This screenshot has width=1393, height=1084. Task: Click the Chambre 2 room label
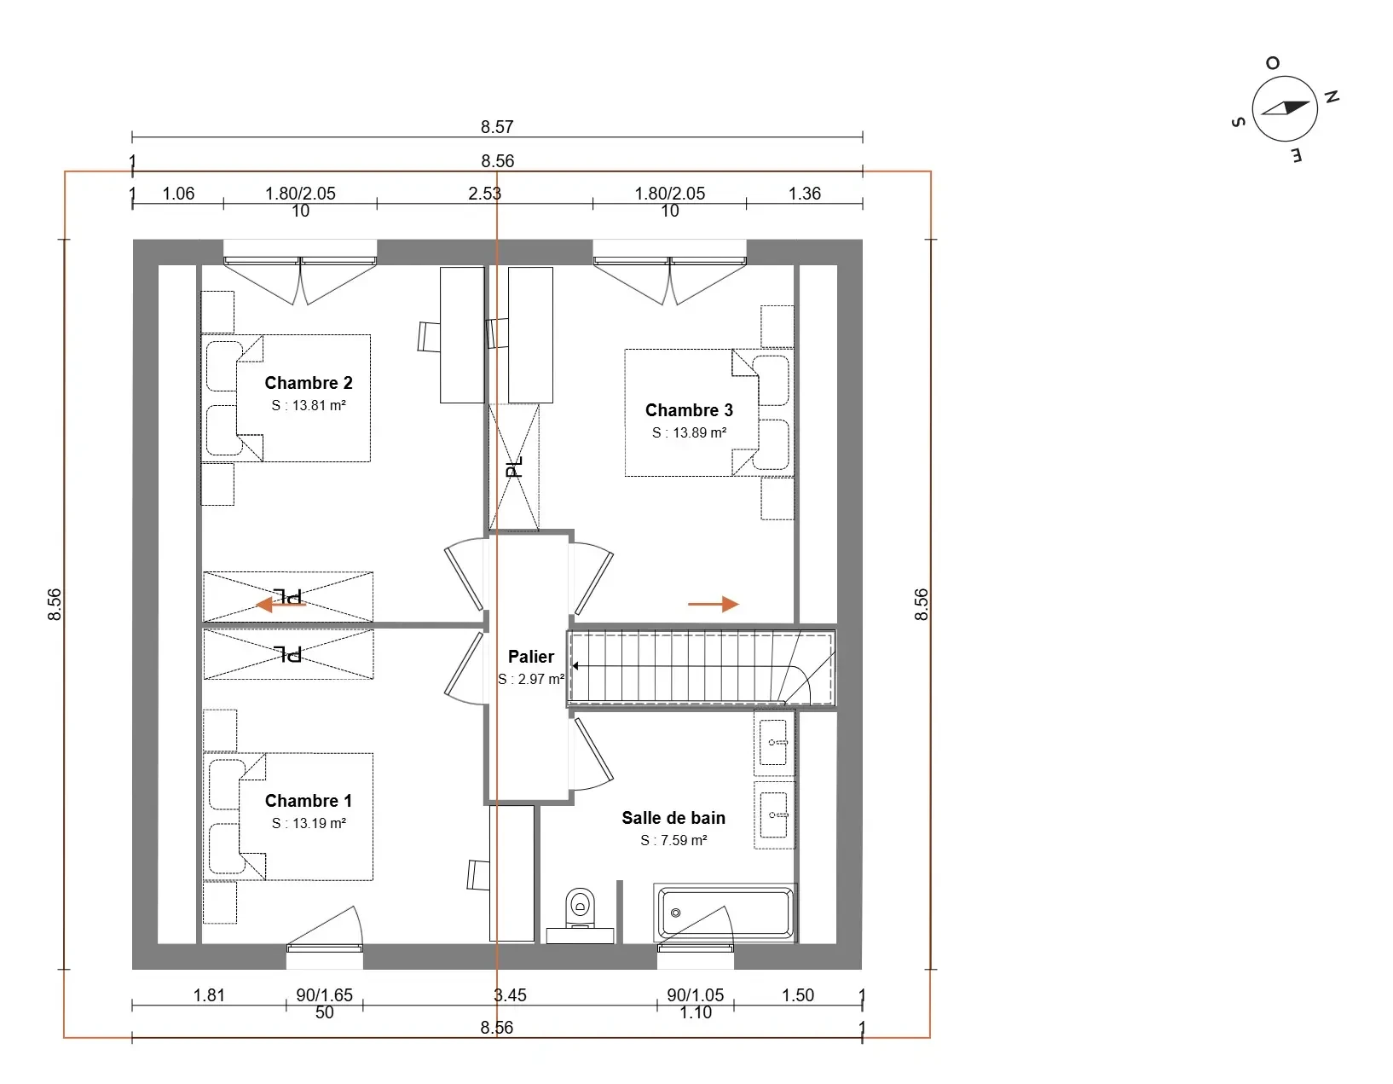[x=309, y=383]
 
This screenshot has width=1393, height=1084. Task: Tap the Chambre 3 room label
[x=689, y=409]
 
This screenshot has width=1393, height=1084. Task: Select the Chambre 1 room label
[x=309, y=801]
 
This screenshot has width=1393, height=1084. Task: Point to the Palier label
[x=531, y=657]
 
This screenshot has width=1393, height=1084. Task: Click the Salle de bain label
[x=673, y=818]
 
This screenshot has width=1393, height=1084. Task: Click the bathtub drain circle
[x=675, y=913]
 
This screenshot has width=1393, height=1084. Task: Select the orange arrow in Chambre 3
[x=714, y=604]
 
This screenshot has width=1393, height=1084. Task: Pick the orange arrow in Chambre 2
[x=280, y=604]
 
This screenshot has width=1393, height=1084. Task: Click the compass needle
[x=1286, y=107]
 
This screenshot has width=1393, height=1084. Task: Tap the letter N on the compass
[x=1332, y=96]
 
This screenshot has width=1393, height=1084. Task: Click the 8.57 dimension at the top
[x=497, y=127]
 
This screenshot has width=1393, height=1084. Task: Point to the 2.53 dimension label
[x=484, y=193]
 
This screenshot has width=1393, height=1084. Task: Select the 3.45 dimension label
[x=511, y=995]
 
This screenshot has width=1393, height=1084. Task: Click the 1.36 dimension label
[x=805, y=193]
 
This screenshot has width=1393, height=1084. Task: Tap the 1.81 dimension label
[x=209, y=995]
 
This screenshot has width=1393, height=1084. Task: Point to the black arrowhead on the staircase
[x=575, y=666]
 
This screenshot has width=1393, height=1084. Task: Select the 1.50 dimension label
[x=797, y=995]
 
